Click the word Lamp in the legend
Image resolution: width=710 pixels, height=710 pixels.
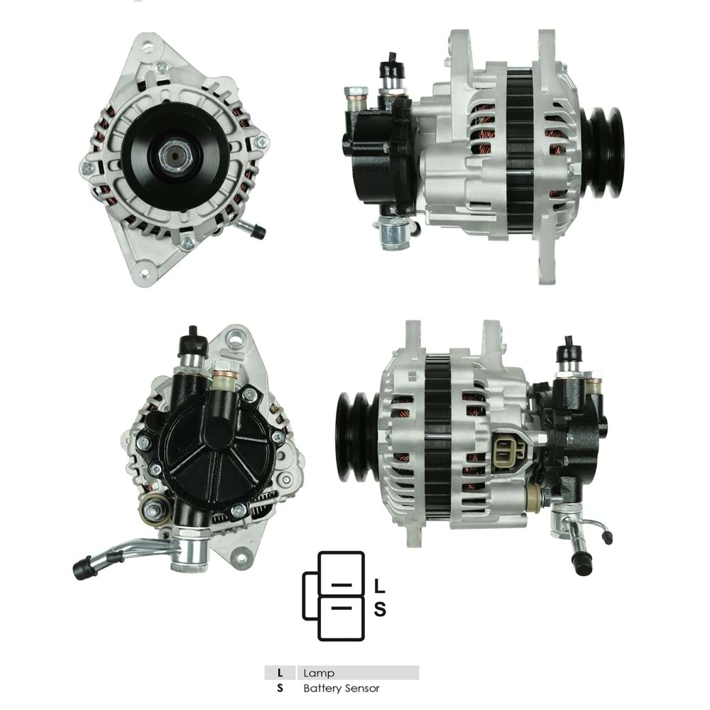318,673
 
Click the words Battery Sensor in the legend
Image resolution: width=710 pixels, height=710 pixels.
341,688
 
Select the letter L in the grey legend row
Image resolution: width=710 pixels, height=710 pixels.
280,673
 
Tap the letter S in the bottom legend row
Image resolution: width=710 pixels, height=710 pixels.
280,688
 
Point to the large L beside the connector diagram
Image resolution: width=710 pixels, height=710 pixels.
380,586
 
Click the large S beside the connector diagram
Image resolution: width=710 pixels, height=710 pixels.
380,608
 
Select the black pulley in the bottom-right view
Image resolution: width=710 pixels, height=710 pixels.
356,437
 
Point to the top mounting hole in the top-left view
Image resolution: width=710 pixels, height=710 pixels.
147,49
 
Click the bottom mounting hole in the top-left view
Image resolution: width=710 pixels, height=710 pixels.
146,273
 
